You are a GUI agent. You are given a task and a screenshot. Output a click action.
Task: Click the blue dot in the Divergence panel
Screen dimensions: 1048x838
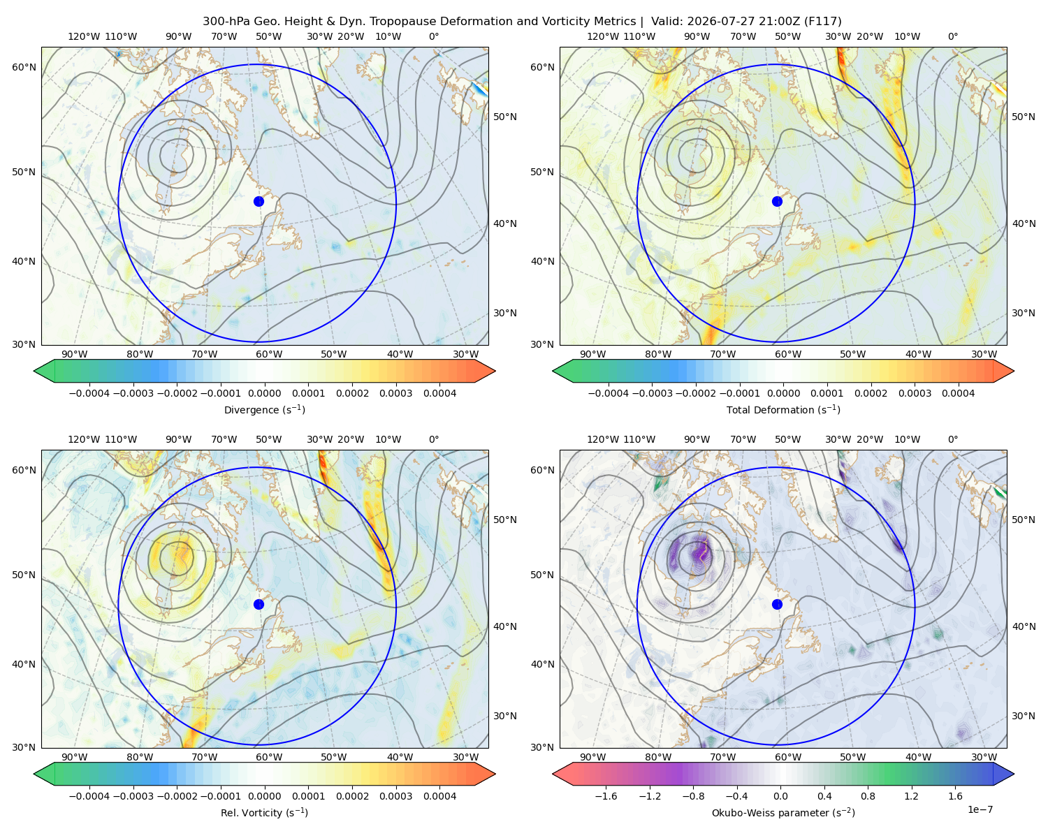(259, 202)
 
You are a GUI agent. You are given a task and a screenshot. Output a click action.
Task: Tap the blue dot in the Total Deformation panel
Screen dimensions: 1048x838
(777, 202)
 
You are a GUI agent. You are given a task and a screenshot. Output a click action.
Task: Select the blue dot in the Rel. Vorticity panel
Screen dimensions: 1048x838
(259, 604)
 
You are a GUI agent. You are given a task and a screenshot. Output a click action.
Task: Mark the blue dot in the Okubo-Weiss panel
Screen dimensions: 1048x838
(777, 604)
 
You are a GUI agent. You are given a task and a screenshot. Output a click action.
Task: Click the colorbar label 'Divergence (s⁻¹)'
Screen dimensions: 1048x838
(264, 410)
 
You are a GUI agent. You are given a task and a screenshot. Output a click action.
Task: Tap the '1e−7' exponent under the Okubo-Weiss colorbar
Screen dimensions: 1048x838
(980, 810)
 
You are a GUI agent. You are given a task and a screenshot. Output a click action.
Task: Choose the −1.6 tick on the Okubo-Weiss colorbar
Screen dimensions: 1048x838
(606, 796)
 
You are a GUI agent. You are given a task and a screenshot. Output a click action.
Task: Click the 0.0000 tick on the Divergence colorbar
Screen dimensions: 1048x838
(264, 393)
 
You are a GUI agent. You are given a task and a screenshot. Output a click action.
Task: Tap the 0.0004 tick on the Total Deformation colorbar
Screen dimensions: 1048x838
(958, 393)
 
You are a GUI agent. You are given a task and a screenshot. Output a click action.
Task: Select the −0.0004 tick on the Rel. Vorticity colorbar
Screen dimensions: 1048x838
(89, 796)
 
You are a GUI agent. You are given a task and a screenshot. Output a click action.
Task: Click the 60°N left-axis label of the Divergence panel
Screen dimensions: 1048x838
(24, 67)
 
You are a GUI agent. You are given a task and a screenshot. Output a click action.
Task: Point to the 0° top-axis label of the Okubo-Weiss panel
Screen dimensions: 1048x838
(952, 439)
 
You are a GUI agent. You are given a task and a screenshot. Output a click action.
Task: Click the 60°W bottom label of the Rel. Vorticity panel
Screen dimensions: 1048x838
(269, 757)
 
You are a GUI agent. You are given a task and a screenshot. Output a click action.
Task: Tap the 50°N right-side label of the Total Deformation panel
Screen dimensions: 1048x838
(1023, 117)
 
